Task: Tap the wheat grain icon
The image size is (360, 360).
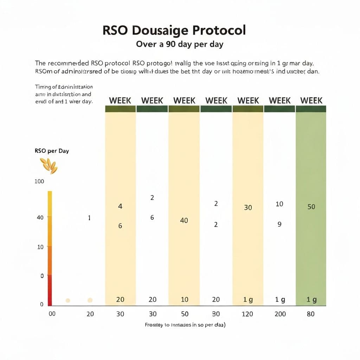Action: click(x=49, y=166)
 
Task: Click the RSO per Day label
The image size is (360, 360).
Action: click(x=52, y=151)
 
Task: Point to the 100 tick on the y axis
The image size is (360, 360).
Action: click(x=39, y=181)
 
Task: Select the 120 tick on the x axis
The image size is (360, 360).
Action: click(x=247, y=314)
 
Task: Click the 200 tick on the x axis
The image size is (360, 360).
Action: click(x=280, y=314)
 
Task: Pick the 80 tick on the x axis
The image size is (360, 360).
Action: click(x=310, y=314)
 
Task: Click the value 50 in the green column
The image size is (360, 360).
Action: click(x=311, y=207)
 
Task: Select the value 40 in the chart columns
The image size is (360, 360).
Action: click(x=184, y=220)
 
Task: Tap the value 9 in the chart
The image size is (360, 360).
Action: click(x=279, y=224)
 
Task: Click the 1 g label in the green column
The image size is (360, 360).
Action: click(x=311, y=300)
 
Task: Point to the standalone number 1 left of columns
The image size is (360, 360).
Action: click(x=89, y=218)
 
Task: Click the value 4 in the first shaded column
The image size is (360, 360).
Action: click(x=120, y=206)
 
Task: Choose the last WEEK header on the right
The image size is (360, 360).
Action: click(x=311, y=101)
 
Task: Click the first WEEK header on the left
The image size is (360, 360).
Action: click(x=120, y=101)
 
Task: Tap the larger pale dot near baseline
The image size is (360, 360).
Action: click(x=90, y=300)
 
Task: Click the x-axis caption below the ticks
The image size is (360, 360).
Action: click(x=185, y=325)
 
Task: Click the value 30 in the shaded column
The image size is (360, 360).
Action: click(x=248, y=207)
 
